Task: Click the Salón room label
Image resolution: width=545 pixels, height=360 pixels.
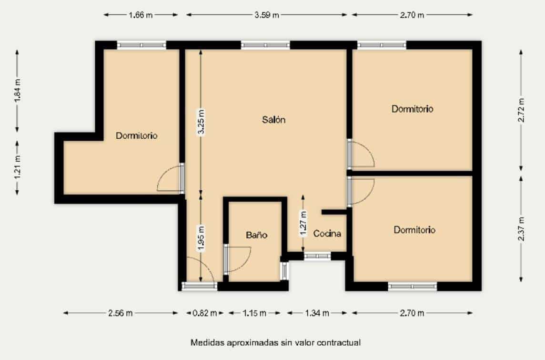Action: (273, 120)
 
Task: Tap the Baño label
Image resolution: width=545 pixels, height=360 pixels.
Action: (256, 235)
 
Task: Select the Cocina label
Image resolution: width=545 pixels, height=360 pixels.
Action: (327, 234)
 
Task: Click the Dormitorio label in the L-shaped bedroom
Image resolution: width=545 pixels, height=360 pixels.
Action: (137, 136)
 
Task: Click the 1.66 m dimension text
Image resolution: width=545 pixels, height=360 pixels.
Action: (141, 15)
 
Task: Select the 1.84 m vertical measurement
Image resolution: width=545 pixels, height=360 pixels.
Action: (18, 91)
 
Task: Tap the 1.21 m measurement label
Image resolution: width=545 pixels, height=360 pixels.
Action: (18, 167)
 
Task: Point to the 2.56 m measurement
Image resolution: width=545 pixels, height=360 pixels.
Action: (121, 313)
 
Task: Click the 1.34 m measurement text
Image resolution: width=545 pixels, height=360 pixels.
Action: (317, 313)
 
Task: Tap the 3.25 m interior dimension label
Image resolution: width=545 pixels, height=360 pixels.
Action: (201, 123)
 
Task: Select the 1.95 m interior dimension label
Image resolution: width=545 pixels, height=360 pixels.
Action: (201, 237)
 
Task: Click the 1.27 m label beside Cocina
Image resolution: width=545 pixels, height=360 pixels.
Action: (303, 223)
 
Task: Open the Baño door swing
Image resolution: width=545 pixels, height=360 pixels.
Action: (238, 258)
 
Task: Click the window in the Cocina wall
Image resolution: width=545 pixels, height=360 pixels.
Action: (317, 256)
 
